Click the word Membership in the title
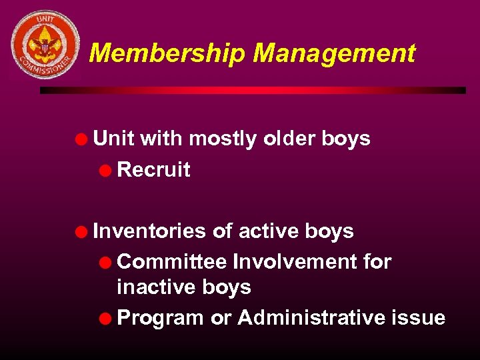coord(166,53)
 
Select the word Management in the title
coord(334,53)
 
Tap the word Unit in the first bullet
coord(113,139)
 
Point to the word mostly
coord(224,139)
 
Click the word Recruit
coord(153,169)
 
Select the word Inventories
coord(150,231)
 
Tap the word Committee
coord(171,261)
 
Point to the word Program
coord(160,317)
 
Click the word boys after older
coord(345,139)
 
